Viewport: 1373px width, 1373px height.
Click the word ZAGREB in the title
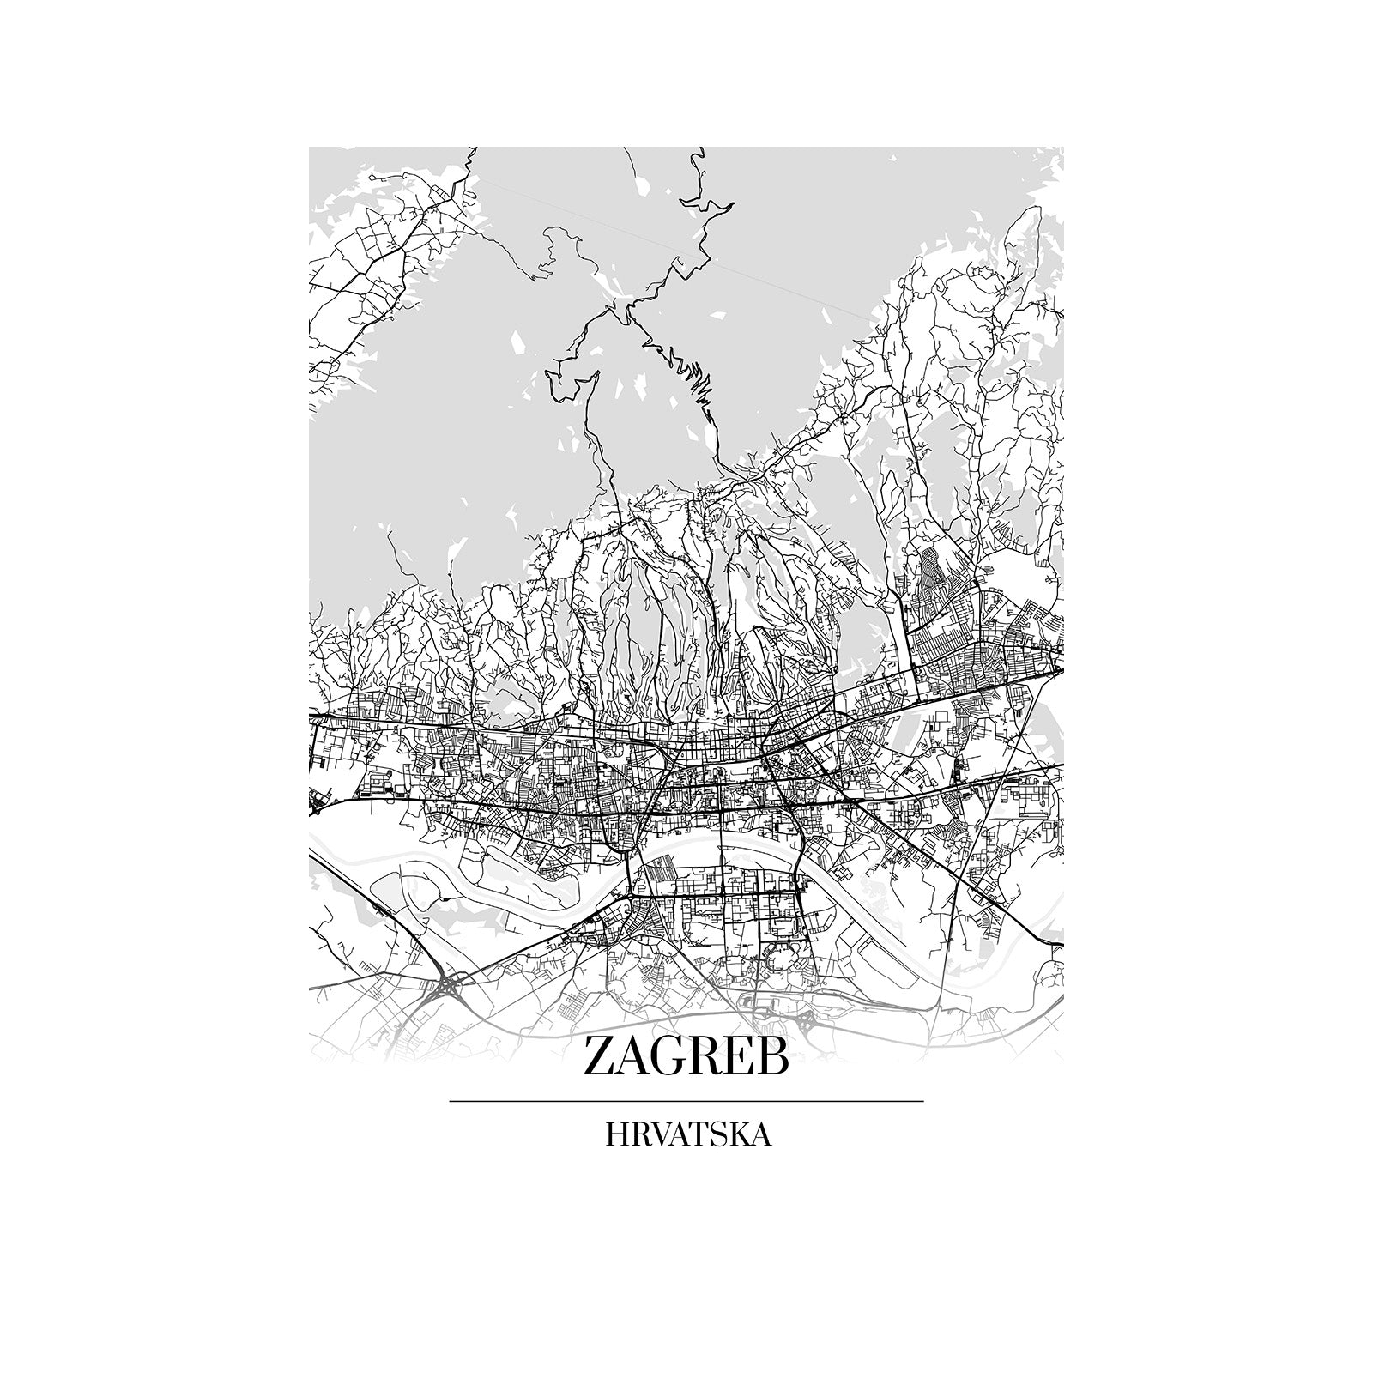(686, 1056)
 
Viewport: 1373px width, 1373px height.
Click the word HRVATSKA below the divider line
(687, 1134)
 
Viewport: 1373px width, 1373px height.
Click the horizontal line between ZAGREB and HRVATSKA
(686, 1100)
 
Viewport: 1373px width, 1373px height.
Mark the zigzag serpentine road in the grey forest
(686, 378)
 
